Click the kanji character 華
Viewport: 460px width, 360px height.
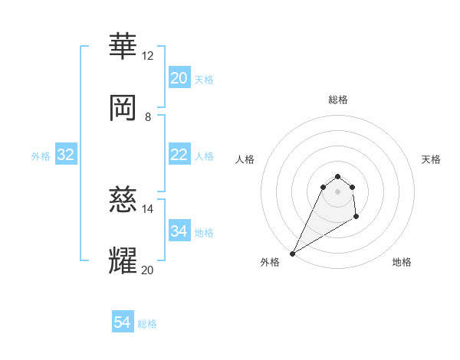coord(123,47)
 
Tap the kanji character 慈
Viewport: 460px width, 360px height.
coord(123,199)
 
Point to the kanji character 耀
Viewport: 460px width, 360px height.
coord(123,260)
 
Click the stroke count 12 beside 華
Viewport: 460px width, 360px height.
coord(148,56)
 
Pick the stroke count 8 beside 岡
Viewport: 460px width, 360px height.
coord(148,116)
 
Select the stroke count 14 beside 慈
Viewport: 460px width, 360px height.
coord(148,208)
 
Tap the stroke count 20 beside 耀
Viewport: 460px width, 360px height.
coord(148,270)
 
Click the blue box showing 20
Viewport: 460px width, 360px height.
coord(179,78)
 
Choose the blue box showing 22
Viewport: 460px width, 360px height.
coord(179,155)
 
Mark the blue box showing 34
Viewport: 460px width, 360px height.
coord(179,231)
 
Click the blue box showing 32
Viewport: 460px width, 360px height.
coord(66,155)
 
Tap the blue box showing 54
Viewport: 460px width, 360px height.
coord(123,322)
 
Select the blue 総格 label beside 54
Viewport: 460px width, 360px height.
coord(147,324)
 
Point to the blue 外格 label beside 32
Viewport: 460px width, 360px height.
coord(41,156)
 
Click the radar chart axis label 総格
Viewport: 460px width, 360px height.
coord(338,100)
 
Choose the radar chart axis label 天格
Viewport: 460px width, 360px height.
coord(431,159)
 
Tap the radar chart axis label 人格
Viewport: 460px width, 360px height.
coord(245,159)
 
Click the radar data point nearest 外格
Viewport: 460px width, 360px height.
coord(293,253)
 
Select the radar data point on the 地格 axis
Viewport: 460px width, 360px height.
coord(356,218)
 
